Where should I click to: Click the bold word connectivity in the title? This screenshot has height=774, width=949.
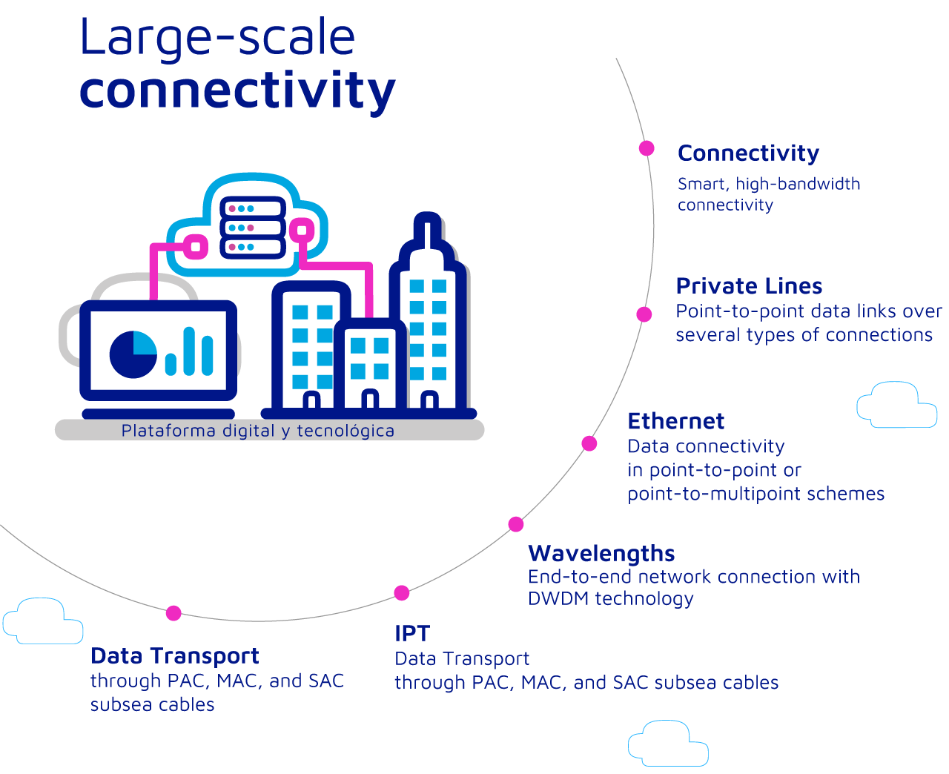237,91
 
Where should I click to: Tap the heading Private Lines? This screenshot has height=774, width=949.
749,285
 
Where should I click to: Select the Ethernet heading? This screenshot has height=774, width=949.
675,421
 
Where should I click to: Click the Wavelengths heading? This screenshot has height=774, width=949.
601,554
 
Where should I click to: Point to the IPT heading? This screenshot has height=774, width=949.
412,633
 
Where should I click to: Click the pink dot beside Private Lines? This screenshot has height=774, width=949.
644,314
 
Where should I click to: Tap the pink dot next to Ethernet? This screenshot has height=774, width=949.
589,443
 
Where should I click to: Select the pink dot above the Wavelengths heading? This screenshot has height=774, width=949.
516,524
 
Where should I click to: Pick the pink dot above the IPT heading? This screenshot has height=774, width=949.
401,592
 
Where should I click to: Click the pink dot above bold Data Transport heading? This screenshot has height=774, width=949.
173,613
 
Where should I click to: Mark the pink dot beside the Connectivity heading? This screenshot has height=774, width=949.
647,148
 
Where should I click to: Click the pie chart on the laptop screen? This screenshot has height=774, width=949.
133,354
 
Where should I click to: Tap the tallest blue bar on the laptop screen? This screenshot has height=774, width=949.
189,351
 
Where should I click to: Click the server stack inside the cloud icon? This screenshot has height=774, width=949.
253,228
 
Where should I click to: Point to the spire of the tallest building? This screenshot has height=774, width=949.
427,230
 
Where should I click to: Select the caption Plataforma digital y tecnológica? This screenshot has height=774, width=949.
258,431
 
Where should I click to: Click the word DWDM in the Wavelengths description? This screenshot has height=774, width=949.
558,598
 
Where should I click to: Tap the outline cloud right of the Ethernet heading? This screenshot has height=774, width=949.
896,405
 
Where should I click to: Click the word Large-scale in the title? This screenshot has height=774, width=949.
218,38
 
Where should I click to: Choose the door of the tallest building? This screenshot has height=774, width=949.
429,400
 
